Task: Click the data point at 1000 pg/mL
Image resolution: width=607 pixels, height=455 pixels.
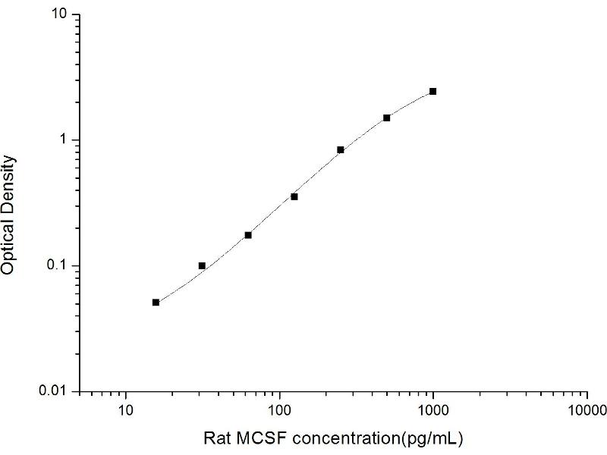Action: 432,91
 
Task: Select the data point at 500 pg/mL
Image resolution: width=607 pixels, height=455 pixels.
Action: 386,118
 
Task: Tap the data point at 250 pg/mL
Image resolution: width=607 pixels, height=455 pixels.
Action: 341,149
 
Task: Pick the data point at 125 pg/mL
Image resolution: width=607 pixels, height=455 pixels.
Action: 294,196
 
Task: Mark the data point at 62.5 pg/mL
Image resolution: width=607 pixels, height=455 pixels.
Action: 248,235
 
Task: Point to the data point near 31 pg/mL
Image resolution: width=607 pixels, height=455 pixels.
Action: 202,265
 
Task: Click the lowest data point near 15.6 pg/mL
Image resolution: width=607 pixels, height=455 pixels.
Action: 156,302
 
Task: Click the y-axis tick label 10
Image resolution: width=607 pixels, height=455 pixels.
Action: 61,15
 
